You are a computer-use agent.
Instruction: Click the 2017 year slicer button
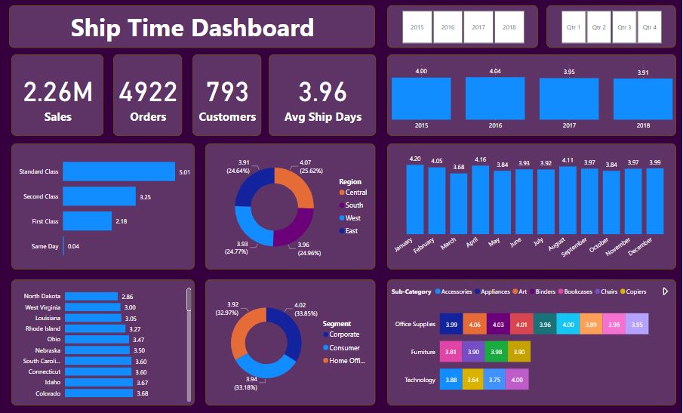(x=478, y=27)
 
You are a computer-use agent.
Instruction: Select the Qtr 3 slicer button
(x=624, y=27)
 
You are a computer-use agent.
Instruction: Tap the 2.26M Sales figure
(x=58, y=92)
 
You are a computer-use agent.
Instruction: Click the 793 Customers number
(x=227, y=92)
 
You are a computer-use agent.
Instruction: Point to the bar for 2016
(x=495, y=98)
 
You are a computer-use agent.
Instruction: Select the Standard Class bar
(x=119, y=171)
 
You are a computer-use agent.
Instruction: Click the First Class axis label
(x=45, y=221)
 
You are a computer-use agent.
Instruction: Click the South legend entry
(x=351, y=205)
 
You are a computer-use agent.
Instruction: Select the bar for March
(x=459, y=204)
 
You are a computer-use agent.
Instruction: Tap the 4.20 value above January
(x=415, y=159)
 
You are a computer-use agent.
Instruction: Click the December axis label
(x=640, y=246)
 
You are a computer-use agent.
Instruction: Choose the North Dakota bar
(x=91, y=296)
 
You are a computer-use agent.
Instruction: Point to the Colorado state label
(x=48, y=393)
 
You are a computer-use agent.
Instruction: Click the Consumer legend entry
(x=341, y=347)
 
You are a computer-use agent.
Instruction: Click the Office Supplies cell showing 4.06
(x=475, y=324)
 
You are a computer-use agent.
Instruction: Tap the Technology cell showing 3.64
(x=473, y=380)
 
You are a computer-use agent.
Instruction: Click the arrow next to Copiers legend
(x=665, y=291)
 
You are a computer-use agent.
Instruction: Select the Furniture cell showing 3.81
(x=451, y=352)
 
